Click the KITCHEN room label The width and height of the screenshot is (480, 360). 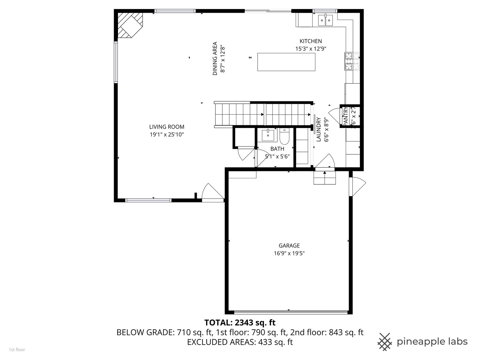click(x=311, y=41)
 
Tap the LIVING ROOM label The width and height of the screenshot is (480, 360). click(x=167, y=127)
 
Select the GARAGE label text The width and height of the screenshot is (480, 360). click(x=289, y=246)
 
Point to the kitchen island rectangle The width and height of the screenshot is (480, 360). click(x=286, y=62)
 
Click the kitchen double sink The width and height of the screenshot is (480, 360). click(x=325, y=21)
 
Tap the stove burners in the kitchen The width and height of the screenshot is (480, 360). click(x=352, y=62)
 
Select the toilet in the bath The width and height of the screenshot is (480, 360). click(x=284, y=136)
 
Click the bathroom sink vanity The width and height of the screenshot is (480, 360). click(x=268, y=135)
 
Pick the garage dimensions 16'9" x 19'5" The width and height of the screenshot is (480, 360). click(x=289, y=253)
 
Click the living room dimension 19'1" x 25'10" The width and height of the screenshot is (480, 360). click(x=167, y=135)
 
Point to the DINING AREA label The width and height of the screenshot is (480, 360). click(x=215, y=58)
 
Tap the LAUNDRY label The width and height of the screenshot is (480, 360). click(x=319, y=129)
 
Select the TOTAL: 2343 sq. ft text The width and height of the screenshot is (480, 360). click(x=240, y=323)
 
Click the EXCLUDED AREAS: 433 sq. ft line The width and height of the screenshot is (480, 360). click(x=240, y=342)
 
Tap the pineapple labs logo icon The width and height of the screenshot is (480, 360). click(x=384, y=342)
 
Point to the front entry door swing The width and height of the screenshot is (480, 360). click(x=213, y=192)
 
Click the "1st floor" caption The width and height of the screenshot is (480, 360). click(x=17, y=350)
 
